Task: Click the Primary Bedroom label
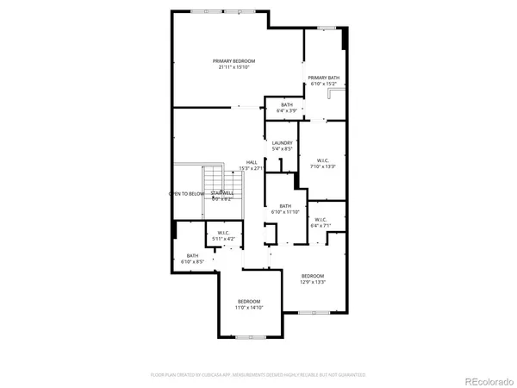coord(235,61)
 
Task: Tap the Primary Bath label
coord(324,78)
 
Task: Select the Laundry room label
coord(282,143)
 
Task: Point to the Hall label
coord(252,162)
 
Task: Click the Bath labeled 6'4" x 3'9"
coord(286,104)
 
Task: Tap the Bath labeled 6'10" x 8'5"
coord(192,255)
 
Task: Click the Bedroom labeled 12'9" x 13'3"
coord(312,276)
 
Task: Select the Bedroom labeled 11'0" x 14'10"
coord(249,301)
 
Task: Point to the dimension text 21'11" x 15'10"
coord(235,68)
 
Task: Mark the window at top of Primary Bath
coord(325,28)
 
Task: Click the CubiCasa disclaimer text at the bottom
coord(258,375)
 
